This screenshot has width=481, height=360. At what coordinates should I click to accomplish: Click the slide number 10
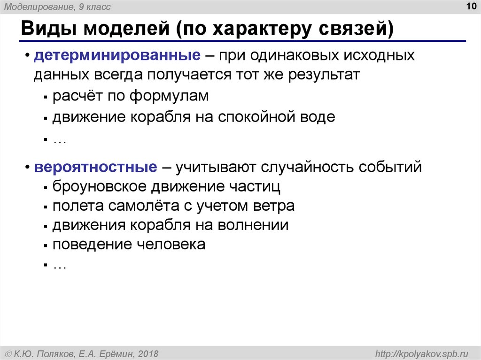[x=471, y=6]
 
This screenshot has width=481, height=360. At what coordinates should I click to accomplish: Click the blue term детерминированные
[x=117, y=55]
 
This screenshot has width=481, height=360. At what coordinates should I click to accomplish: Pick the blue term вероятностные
[x=95, y=167]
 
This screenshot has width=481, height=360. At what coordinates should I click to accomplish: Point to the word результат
[x=324, y=75]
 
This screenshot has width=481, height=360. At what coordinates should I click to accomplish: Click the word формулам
[x=169, y=96]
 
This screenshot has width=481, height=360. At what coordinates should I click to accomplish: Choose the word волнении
[x=253, y=225]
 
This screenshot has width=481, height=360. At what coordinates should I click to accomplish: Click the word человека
[x=171, y=245]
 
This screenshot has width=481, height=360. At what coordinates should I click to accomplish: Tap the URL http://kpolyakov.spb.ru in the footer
[x=422, y=354]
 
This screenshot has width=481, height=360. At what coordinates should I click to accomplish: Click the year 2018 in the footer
[x=148, y=354]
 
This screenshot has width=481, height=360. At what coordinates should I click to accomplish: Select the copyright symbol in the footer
[x=8, y=354]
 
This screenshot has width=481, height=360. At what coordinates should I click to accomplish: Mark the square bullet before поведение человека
[x=46, y=245]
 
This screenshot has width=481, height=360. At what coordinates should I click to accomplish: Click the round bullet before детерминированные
[x=28, y=55]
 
